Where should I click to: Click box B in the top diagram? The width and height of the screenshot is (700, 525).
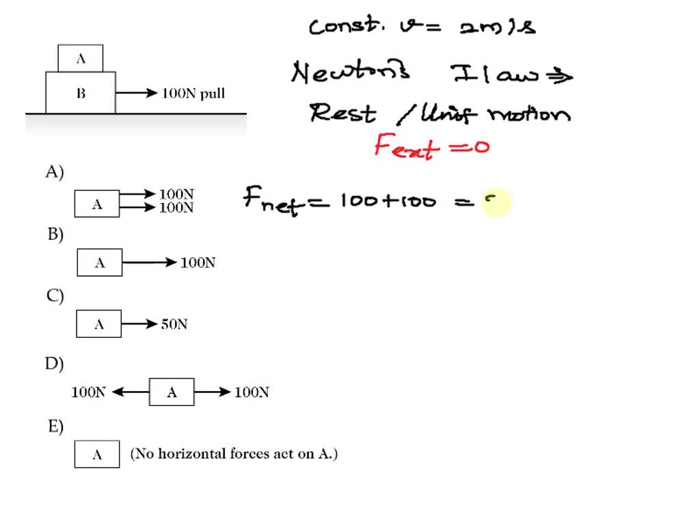click(x=81, y=93)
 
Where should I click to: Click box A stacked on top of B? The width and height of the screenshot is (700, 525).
click(x=81, y=59)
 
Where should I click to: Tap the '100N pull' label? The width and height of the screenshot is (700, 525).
click(x=193, y=94)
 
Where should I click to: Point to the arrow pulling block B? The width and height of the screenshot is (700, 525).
click(x=137, y=94)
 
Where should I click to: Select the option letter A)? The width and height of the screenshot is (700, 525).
click(x=55, y=172)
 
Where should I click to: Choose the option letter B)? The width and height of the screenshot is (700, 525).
click(x=55, y=234)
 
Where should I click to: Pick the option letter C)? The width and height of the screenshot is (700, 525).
click(x=55, y=296)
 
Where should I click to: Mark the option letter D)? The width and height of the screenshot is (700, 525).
click(x=55, y=364)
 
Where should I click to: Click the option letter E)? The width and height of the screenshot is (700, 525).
click(x=55, y=427)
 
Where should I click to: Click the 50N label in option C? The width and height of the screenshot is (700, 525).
click(x=174, y=325)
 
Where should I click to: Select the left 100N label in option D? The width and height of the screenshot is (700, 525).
click(x=89, y=392)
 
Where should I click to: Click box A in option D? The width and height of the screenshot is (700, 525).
click(x=172, y=392)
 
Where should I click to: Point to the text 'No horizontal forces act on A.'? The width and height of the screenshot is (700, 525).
click(x=234, y=453)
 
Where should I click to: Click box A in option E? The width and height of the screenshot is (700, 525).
click(x=97, y=455)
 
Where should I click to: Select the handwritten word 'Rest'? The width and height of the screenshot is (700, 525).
click(x=342, y=113)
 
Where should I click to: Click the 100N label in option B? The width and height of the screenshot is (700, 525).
click(x=198, y=262)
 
